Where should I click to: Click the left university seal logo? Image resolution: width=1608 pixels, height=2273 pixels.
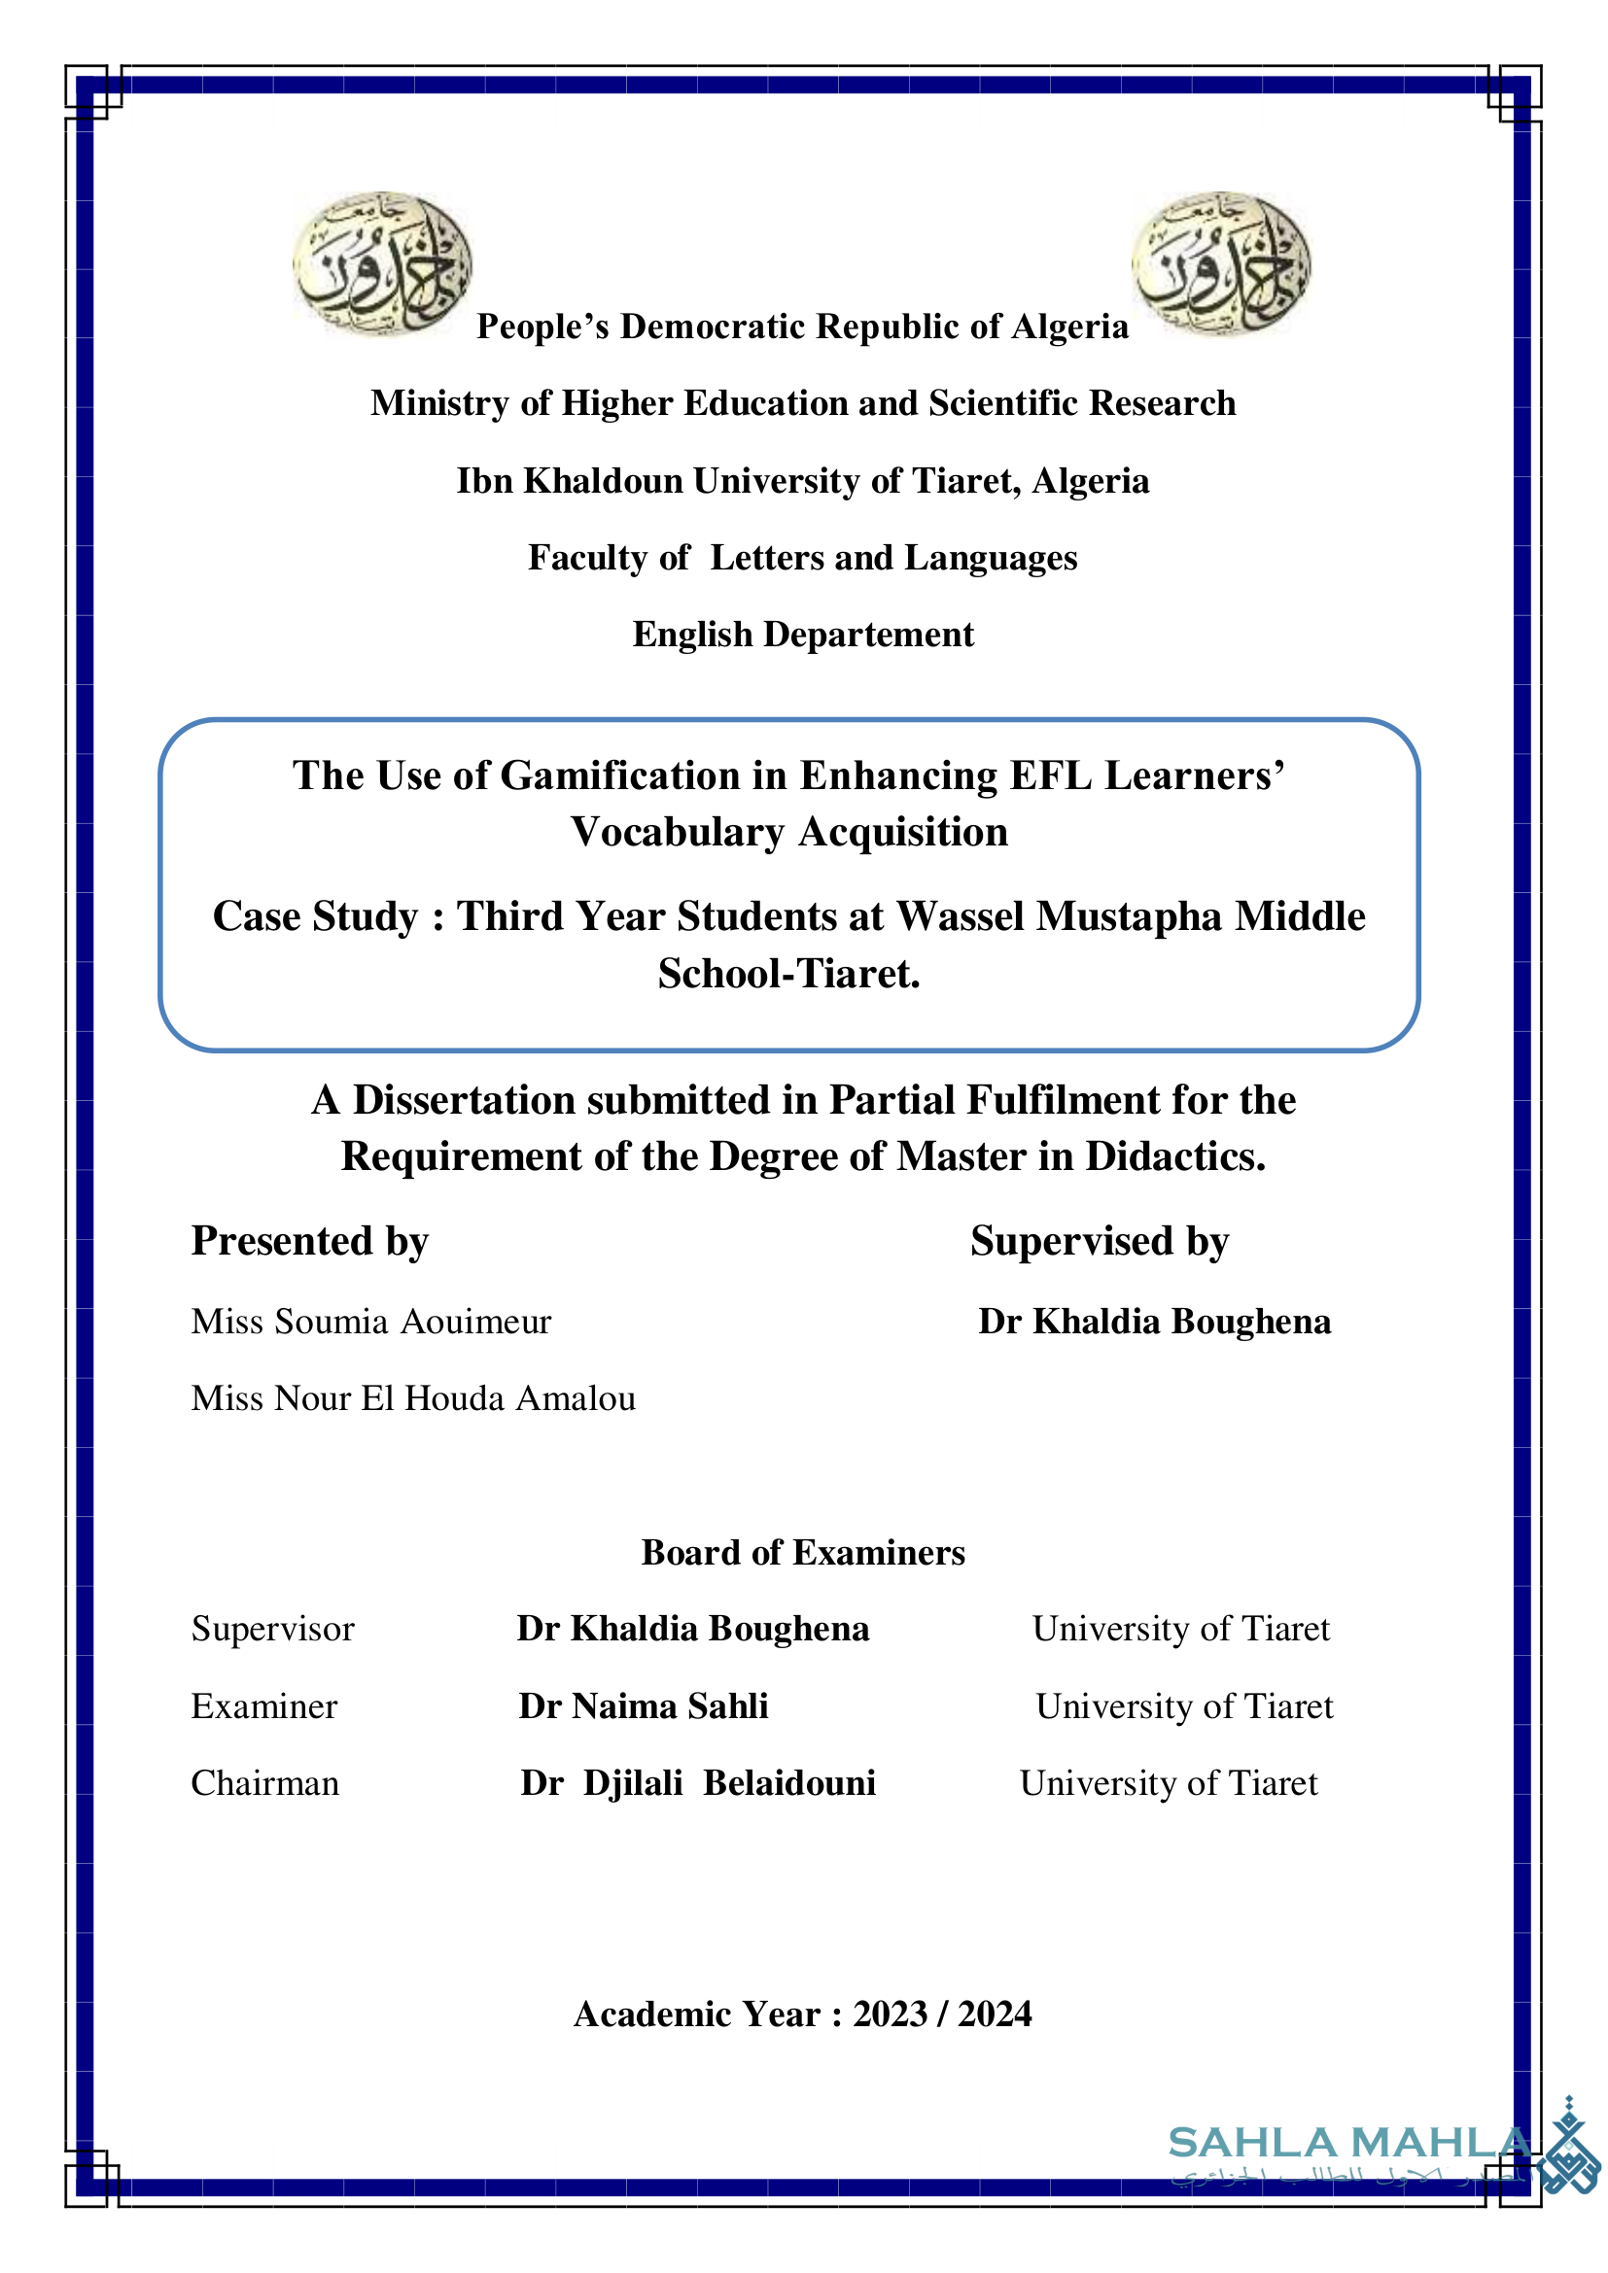coord(382,263)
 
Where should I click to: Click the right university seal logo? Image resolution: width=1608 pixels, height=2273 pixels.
coord(1221,263)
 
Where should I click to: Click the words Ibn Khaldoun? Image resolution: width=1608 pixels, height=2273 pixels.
coord(570,480)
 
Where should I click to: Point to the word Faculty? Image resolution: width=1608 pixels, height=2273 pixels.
coord(581,558)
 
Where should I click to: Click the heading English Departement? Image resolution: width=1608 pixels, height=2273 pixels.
coord(803,635)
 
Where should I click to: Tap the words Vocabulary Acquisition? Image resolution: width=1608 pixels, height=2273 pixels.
coord(789,832)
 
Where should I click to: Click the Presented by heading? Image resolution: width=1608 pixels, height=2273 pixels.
coord(310,1240)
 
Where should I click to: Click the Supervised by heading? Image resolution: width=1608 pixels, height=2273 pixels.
coord(1100,1240)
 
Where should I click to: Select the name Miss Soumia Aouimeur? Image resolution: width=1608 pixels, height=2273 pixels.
coord(371,1322)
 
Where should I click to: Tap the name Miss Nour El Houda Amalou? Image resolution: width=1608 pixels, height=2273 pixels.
coord(413,1397)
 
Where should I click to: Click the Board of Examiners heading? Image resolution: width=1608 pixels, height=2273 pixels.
coord(803,1552)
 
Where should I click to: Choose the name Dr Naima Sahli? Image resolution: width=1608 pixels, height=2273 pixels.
coord(644,1705)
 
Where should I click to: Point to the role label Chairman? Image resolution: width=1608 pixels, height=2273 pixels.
coord(264,1783)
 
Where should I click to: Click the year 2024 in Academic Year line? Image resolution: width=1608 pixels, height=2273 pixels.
coord(995,2014)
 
